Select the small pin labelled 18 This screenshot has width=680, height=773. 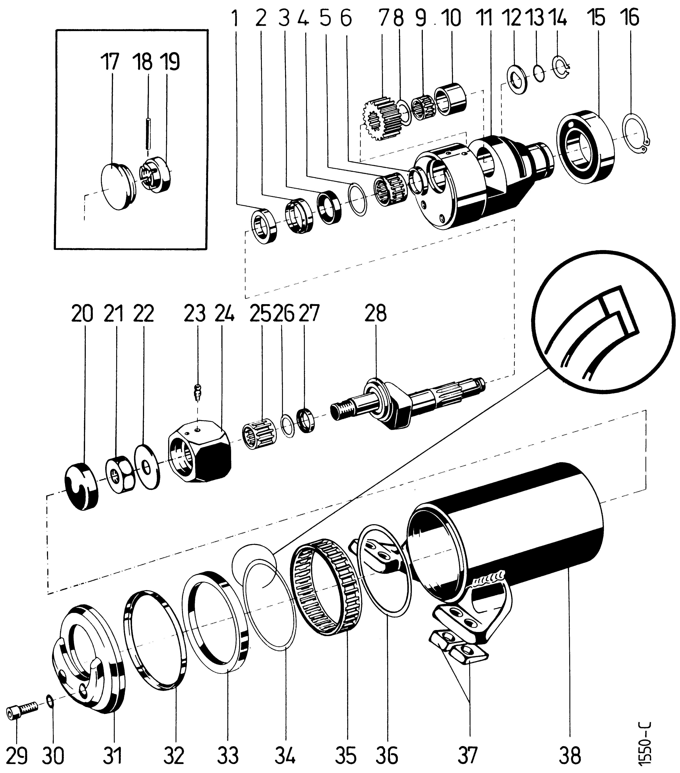click(148, 134)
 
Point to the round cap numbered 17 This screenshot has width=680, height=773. click(115, 186)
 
